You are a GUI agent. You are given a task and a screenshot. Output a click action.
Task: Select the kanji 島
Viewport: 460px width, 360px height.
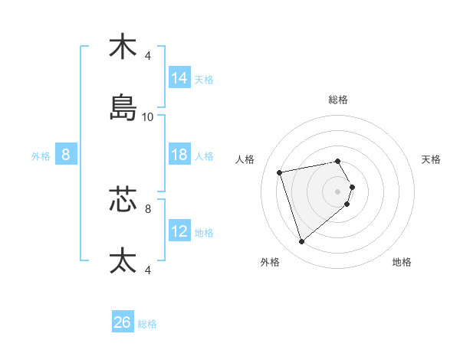pyautogui.click(x=123, y=108)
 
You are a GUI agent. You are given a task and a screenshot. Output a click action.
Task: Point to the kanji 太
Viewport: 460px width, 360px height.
pyautogui.click(x=123, y=260)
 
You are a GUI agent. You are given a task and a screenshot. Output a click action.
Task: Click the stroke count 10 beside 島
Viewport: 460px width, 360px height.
pyautogui.click(x=148, y=117)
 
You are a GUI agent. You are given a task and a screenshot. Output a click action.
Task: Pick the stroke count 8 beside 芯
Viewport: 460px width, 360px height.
pyautogui.click(x=148, y=208)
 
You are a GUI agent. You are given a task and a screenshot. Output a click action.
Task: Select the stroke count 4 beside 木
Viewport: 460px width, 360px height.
pyautogui.click(x=148, y=55)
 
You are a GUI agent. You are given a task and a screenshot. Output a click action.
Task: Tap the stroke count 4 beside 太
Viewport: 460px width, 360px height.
pyautogui.click(x=148, y=270)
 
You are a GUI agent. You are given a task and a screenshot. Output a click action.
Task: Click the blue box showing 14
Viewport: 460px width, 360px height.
pyautogui.click(x=179, y=78)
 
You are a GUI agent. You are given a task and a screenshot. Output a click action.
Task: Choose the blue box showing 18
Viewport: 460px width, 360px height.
pyautogui.click(x=179, y=155)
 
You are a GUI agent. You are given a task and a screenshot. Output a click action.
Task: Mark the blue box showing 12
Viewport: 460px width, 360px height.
pyautogui.click(x=179, y=231)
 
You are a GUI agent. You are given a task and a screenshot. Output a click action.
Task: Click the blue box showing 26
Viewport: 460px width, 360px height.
pyautogui.click(x=123, y=323)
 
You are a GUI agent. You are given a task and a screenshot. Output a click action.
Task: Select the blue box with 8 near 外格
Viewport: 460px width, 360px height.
pyautogui.click(x=66, y=155)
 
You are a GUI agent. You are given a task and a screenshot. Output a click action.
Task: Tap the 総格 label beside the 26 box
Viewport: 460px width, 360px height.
pyautogui.click(x=147, y=324)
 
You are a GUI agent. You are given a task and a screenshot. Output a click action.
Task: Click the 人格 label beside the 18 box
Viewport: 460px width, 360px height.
pyautogui.click(x=204, y=155)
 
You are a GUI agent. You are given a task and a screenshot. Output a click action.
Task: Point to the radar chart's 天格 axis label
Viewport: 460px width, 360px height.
pyautogui.click(x=431, y=159)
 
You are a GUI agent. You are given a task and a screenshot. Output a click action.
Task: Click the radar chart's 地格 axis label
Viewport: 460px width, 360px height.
pyautogui.click(x=402, y=262)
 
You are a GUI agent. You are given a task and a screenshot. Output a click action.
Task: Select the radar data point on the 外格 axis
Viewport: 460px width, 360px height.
pyautogui.click(x=301, y=242)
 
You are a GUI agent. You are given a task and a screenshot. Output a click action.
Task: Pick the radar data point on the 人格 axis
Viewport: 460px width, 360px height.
pyautogui.click(x=280, y=172)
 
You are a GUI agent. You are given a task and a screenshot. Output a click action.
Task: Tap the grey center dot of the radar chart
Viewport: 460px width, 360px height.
pyautogui.click(x=337, y=190)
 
